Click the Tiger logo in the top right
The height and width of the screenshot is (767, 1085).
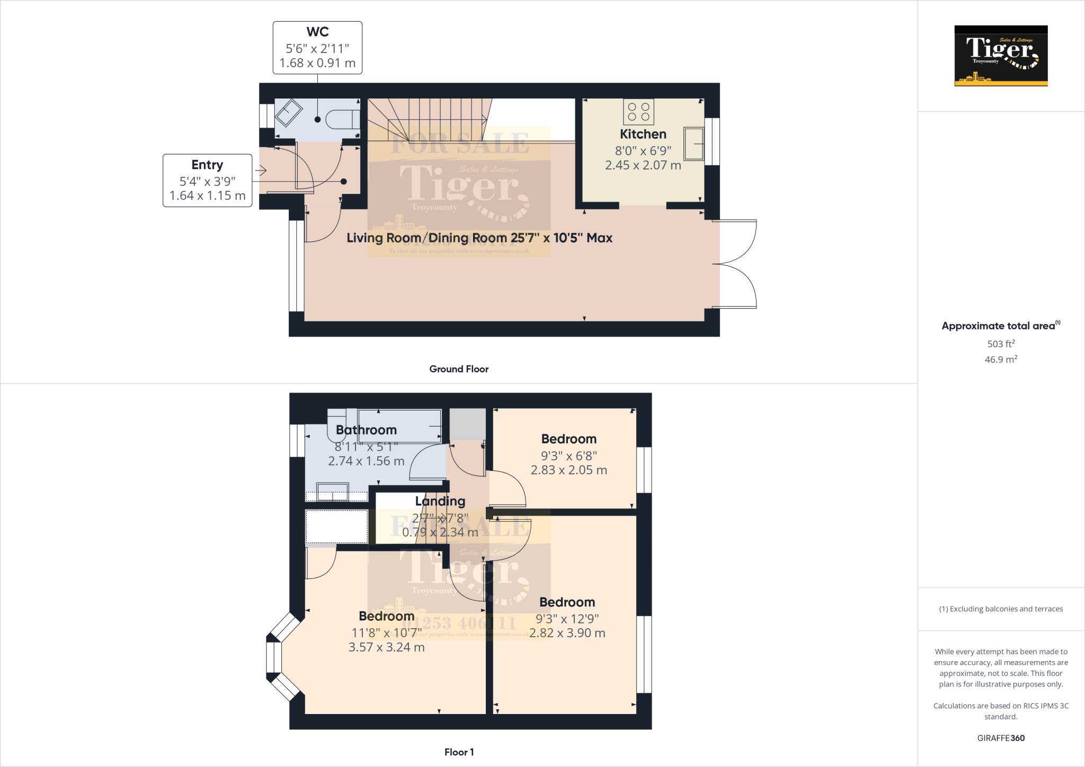click(1001, 56)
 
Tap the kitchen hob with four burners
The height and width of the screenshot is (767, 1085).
click(638, 112)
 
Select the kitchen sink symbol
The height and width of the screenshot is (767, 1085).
click(693, 144)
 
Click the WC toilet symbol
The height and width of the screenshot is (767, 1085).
click(342, 119)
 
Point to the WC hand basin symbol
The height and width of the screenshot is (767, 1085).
click(289, 113)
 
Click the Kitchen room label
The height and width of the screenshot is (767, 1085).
click(643, 134)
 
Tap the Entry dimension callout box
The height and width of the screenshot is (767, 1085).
click(207, 181)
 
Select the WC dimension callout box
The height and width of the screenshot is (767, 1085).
click(317, 48)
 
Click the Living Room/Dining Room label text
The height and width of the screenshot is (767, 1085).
click(479, 238)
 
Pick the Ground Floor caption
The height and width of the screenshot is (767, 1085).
click(459, 369)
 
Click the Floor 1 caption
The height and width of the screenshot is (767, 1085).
click(459, 752)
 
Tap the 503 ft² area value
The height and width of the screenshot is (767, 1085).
click(1000, 344)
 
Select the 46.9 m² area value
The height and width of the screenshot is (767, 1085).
click(1000, 360)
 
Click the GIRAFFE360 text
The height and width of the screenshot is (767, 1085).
click(1000, 738)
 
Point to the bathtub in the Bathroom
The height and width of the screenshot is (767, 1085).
click(399, 425)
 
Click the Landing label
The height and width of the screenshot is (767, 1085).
click(440, 501)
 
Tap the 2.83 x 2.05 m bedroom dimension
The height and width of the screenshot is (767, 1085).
click(568, 470)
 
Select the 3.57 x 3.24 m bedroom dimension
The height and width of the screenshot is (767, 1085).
click(386, 647)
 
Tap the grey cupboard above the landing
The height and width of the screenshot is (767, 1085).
click(467, 424)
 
